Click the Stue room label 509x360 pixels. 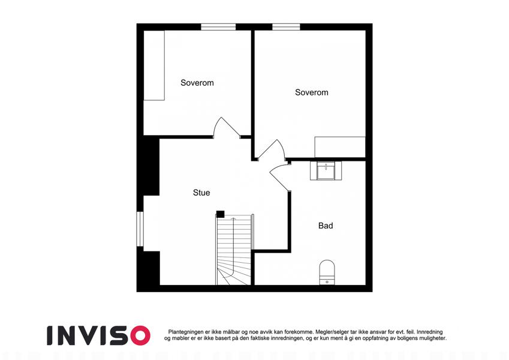tap(201, 193)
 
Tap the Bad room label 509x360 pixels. tap(326, 226)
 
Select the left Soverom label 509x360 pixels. tap(197, 83)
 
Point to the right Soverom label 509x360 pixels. tap(311, 92)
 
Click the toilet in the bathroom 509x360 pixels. tap(327, 272)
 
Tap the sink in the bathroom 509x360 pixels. tap(326, 170)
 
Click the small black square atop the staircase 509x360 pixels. tap(221, 214)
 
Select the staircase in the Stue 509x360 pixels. tap(234, 249)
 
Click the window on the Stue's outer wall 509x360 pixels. tap(140, 229)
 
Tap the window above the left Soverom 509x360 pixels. tap(218, 27)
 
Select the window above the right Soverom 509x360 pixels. tap(286, 27)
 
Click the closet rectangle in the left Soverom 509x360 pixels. tap(154, 65)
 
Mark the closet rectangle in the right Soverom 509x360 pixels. tap(340, 147)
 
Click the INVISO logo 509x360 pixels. tap(99, 335)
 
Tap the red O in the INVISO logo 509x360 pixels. tap(140, 335)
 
